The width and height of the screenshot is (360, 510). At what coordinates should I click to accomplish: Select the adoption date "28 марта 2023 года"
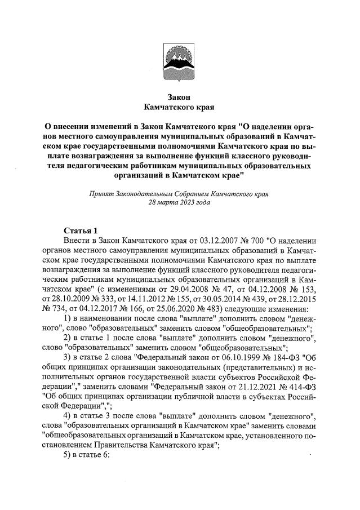click(x=179, y=202)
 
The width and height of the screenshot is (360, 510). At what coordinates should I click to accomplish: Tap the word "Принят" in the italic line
click(x=103, y=193)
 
